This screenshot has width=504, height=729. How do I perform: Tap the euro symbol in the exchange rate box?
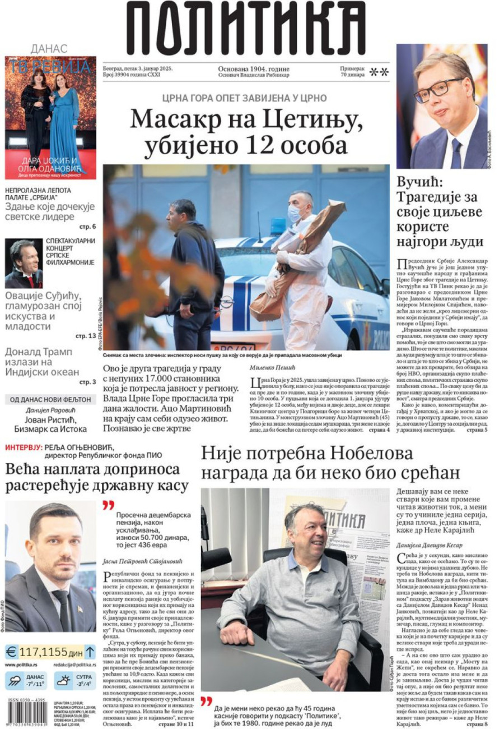click(x=11, y=652)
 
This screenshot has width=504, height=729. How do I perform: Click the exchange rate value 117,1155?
click(x=44, y=652)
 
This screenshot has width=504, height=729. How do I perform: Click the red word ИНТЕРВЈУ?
click(x=24, y=447)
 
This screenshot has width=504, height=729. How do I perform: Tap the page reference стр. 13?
click(x=86, y=336)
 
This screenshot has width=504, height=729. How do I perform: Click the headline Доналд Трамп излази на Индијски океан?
click(x=42, y=362)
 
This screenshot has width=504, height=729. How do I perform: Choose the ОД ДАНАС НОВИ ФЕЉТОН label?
click(x=47, y=399)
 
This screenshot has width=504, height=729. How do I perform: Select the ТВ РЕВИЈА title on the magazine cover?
click(x=50, y=67)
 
